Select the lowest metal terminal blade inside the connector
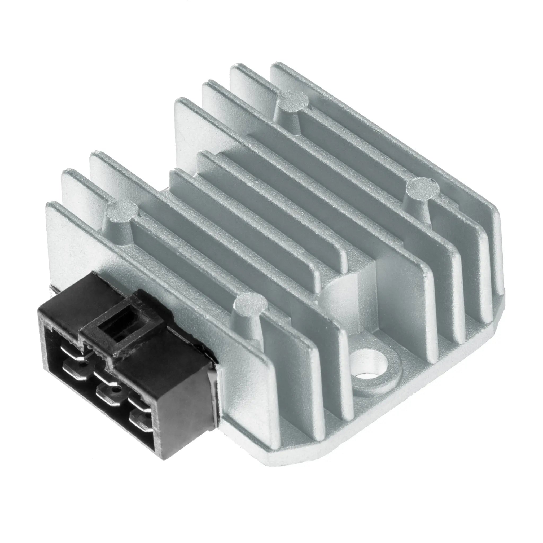coord(141,422)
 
